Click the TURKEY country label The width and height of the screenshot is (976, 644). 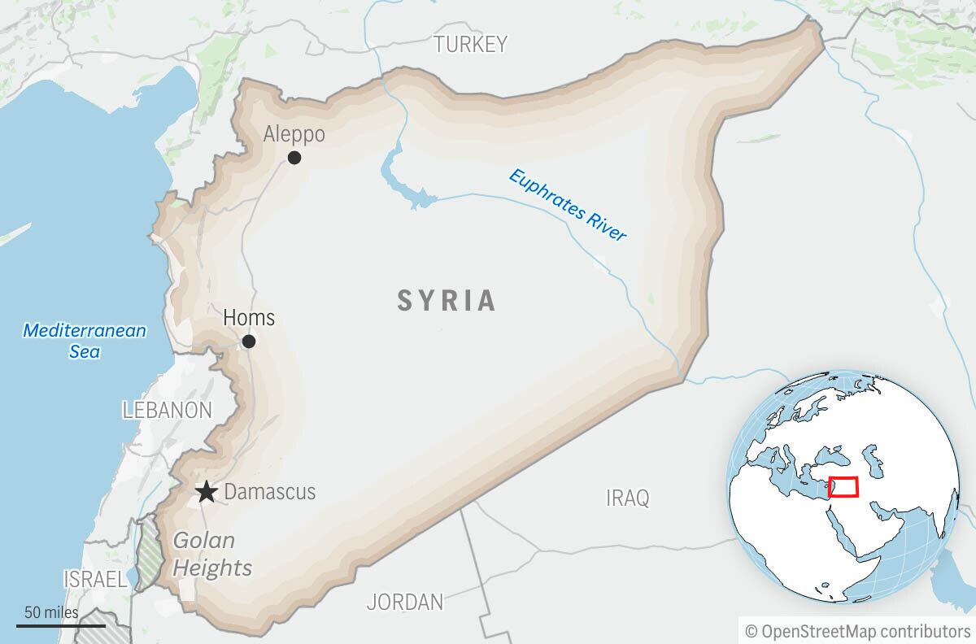pos(470,44)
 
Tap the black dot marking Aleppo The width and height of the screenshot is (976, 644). pos(294,158)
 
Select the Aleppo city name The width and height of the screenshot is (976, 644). pos(294,134)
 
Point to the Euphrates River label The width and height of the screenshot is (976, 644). pos(568,204)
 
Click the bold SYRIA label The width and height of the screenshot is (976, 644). pos(447,301)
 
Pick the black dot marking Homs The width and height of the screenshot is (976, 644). pos(249,342)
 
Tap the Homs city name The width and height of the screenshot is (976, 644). pos(249,317)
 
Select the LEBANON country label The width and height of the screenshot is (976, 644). pos(167,410)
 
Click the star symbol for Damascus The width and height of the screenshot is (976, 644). pos(207,492)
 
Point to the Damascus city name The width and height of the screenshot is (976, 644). pos(269,492)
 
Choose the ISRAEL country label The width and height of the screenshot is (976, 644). pos(95,579)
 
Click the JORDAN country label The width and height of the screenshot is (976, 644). pos(404,602)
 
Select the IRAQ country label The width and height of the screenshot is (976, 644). pos(628,498)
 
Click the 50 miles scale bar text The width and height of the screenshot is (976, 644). pos(50,612)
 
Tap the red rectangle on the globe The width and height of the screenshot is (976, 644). pos(843,486)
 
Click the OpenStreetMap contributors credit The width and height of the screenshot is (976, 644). pos(857,630)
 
